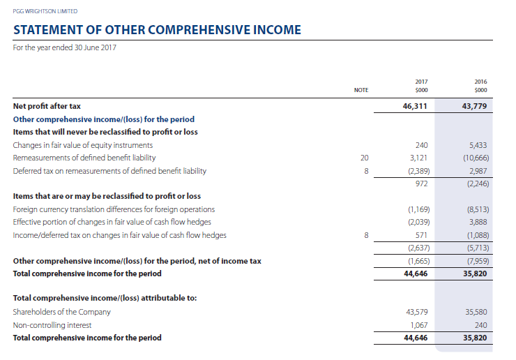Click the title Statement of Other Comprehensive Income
coord(158,30)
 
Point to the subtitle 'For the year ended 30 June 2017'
coord(65,47)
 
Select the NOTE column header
coord(361,90)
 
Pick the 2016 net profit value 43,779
coord(474,106)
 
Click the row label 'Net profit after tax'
coord(47,106)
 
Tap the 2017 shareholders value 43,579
coord(416,312)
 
